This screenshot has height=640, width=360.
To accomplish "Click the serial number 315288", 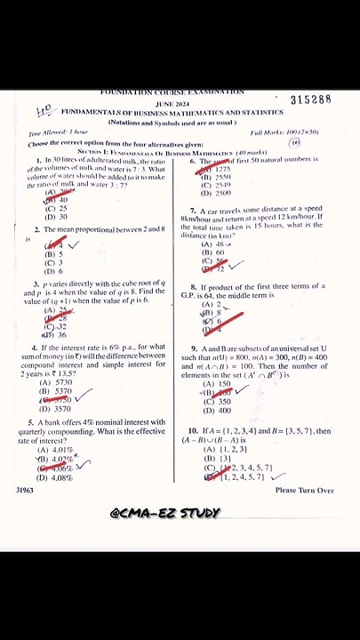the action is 310,100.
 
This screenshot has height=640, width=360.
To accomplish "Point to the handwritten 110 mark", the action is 44,110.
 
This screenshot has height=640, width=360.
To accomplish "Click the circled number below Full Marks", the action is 294,142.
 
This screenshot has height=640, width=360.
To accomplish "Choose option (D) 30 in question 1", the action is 56,217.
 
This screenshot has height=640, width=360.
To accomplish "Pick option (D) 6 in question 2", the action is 54,271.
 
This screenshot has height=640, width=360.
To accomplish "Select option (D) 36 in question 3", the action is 55,335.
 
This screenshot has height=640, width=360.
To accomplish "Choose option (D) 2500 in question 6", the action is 216,193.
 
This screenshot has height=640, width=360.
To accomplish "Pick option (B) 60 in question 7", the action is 213,252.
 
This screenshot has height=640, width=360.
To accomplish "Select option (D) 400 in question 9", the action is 217,411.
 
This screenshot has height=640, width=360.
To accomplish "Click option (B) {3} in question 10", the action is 213,459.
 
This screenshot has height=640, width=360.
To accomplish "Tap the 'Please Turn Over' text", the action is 304,490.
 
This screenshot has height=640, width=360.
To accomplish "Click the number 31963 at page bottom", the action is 25,490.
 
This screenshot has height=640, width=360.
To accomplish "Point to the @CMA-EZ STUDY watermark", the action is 165,513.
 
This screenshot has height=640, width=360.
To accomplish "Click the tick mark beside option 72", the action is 236,265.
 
